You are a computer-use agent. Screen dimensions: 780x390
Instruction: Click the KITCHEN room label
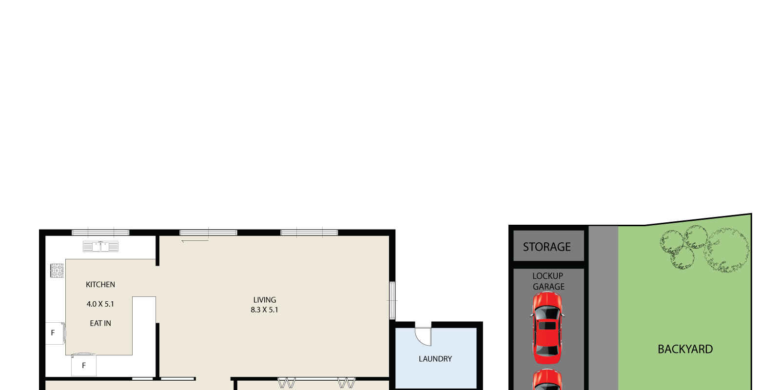click(100, 285)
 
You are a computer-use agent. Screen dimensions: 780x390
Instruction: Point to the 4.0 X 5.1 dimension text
click(100, 304)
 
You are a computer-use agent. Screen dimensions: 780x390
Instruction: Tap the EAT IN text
click(100, 324)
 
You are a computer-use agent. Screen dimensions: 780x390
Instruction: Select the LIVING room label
click(265, 300)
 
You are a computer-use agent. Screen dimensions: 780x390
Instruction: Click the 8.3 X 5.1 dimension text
click(265, 310)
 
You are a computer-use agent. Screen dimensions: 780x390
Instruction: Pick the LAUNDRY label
click(435, 359)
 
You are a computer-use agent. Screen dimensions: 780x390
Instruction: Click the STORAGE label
click(546, 247)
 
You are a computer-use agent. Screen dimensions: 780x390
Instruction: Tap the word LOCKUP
click(548, 276)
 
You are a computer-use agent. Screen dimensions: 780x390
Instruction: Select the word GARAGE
click(548, 287)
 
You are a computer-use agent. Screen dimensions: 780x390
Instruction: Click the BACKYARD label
click(685, 349)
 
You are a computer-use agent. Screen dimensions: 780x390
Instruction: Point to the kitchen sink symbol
click(100, 246)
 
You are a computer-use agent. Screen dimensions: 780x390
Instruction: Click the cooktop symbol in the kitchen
click(57, 271)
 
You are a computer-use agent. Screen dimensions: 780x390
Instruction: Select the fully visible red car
click(547, 328)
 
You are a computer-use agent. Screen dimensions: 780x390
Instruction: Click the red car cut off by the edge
click(547, 380)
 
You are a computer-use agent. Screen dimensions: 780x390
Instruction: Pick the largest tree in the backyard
click(726, 250)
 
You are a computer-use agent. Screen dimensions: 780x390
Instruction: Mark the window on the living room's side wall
click(392, 300)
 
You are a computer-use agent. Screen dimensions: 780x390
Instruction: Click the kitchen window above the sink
click(100, 233)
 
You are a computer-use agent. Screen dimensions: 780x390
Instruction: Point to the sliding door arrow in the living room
click(195, 241)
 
